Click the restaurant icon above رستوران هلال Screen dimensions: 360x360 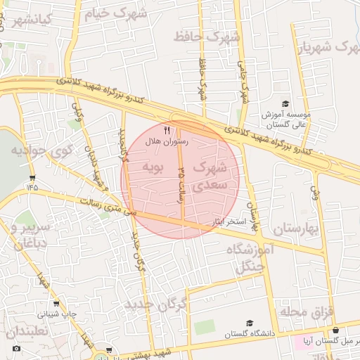pyautogui.click(x=167, y=130)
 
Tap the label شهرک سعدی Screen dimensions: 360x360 pyautogui.click(x=210, y=176)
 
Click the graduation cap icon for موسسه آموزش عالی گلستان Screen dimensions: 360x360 pyautogui.click(x=285, y=103)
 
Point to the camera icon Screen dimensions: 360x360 pyautogui.click(x=17, y=349)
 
